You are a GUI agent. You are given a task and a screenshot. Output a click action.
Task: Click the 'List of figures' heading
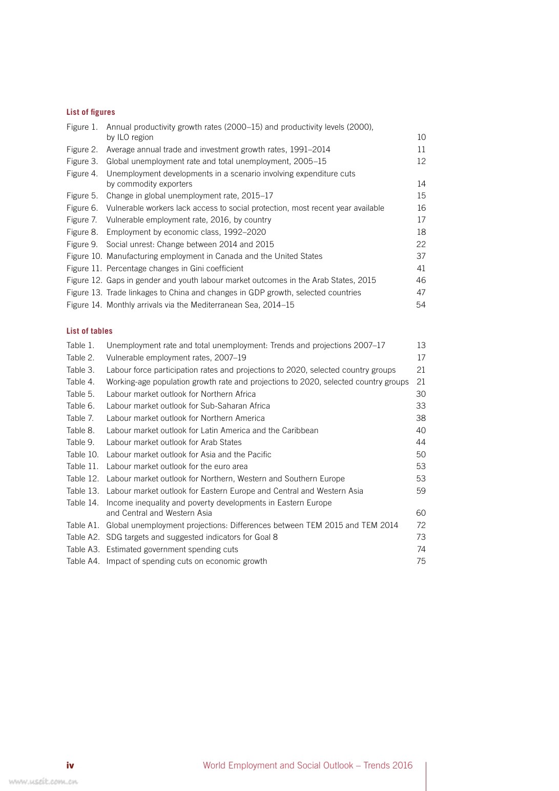pos(91,112)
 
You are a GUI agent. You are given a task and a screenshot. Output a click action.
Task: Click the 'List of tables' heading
pos(89,331)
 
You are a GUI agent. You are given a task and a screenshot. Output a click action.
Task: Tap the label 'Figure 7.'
pos(81,220)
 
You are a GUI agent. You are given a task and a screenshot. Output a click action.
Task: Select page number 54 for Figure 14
pos(421,305)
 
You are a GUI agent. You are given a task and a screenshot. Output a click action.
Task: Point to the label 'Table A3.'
pos(82,550)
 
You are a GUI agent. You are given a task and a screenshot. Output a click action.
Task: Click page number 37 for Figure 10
pos(421,256)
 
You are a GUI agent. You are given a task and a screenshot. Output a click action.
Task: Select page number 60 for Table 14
pos(421,513)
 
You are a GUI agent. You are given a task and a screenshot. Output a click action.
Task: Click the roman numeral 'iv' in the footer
pos(70,765)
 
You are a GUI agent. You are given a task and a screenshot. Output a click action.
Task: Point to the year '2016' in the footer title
pos(402,765)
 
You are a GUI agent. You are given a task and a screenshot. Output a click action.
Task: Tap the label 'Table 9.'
pos(80,442)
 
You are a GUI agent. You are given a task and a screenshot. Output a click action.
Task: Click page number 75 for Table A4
pos(421,561)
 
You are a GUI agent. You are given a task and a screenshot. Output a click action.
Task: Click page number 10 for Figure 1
pos(421,137)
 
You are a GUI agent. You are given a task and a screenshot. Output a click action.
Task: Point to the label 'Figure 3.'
pos(82,161)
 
